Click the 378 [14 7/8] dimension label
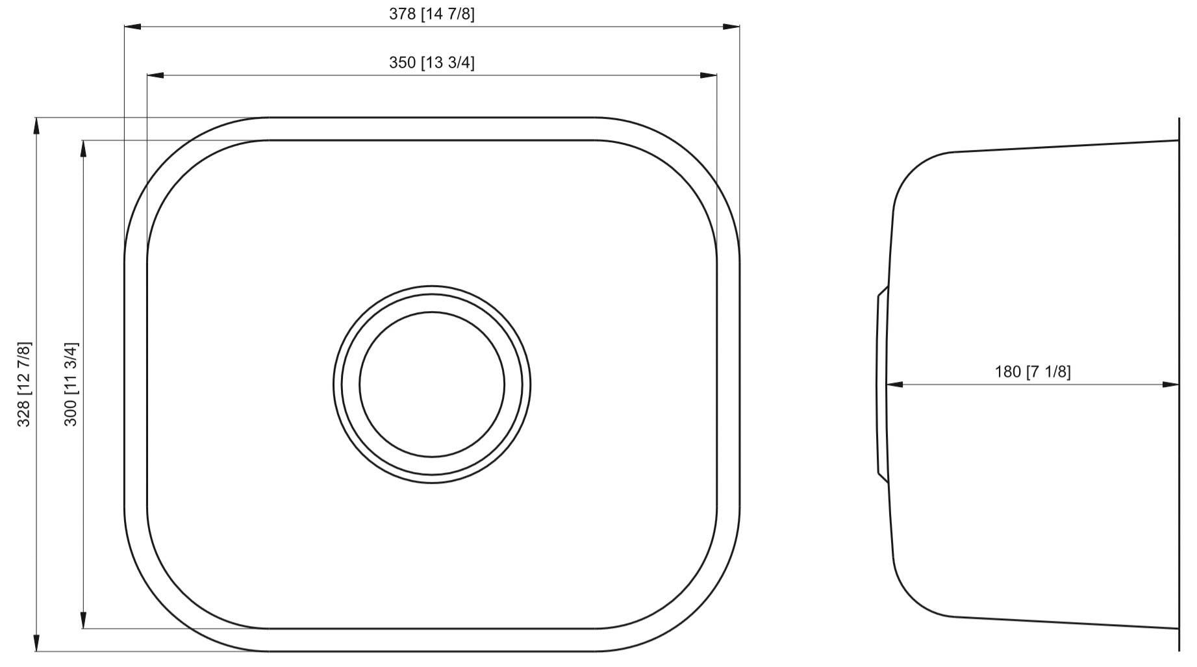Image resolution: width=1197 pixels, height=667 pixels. (x=431, y=14)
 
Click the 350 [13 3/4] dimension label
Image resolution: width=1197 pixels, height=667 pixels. (x=431, y=62)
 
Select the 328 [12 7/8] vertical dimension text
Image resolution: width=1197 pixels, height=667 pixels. (x=24, y=384)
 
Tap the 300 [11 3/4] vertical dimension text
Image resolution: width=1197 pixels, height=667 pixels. (x=71, y=384)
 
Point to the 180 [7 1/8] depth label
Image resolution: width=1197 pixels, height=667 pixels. (x=1033, y=371)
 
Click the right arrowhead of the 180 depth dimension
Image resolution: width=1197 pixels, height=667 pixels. (x=1170, y=384)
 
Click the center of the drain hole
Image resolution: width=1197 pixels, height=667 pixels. (x=432, y=384)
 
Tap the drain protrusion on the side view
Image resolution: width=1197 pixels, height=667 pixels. (x=881, y=384)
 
